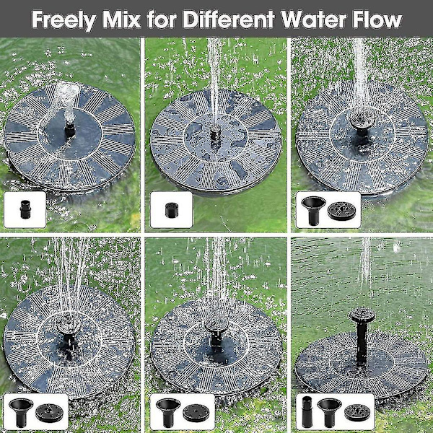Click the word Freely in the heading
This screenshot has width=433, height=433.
pos(64,20)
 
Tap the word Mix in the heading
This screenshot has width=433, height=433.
pos(122,19)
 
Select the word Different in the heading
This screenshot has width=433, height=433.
pos(229,19)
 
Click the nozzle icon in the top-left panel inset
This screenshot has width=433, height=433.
pos(25,209)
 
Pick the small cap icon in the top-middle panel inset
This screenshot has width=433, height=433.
pos(172,210)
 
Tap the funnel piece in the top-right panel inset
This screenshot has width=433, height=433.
pos(313,211)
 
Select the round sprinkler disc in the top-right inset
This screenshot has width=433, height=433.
pos(341,211)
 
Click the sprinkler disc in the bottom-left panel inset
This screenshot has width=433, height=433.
pos(49,413)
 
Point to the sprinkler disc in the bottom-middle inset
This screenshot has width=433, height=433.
pos(196,413)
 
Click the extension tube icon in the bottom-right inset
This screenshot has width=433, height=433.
pos(307,412)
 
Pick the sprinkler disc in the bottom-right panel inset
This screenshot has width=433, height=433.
pos(357,413)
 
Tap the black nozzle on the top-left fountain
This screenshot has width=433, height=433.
pos(70,129)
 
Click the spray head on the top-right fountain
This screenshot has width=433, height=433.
pos(362,122)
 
